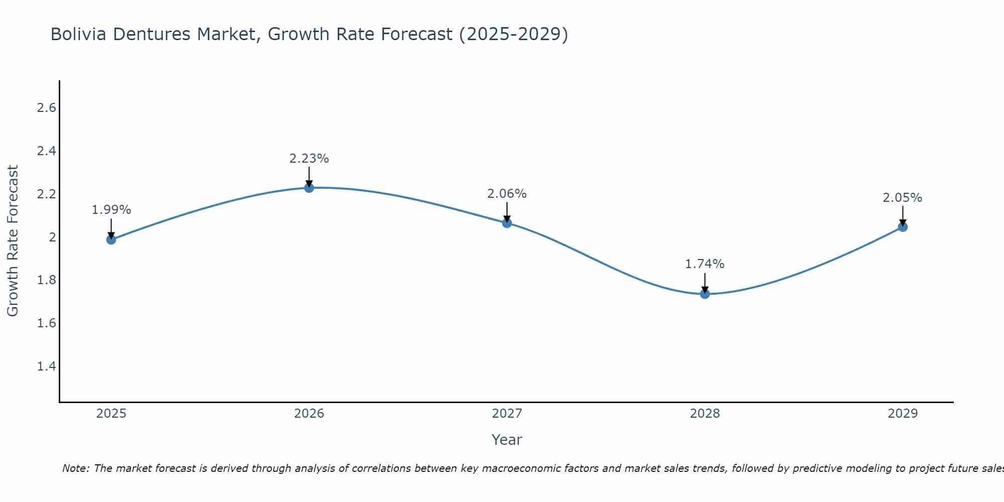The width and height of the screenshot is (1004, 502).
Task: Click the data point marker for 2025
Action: [x=111, y=239]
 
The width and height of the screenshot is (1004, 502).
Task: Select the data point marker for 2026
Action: [x=309, y=188]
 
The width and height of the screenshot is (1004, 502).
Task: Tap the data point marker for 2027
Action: [x=507, y=223]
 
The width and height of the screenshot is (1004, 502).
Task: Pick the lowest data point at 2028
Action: [x=705, y=294]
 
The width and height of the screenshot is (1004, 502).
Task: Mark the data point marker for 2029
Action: [x=903, y=227]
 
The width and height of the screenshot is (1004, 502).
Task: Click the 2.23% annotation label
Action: [x=309, y=159]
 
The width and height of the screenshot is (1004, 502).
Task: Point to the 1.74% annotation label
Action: [x=705, y=264]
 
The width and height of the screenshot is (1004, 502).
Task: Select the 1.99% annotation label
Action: [x=111, y=210]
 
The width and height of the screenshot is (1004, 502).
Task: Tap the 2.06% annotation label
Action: [x=507, y=194]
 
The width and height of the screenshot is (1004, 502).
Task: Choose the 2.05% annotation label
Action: [x=903, y=198]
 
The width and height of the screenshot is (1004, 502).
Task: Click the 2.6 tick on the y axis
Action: [x=46, y=108]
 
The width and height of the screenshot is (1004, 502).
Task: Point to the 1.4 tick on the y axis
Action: [x=46, y=366]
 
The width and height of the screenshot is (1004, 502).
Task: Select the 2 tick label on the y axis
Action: [x=52, y=237]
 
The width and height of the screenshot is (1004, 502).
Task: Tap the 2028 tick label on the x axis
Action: [x=705, y=414]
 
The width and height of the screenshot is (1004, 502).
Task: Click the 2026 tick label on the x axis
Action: [x=309, y=414]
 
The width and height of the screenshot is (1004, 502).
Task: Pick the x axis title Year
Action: [x=507, y=440]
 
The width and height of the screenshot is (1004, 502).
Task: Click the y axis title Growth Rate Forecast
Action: [x=13, y=241]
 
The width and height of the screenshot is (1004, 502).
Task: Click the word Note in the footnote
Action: [x=75, y=468]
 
